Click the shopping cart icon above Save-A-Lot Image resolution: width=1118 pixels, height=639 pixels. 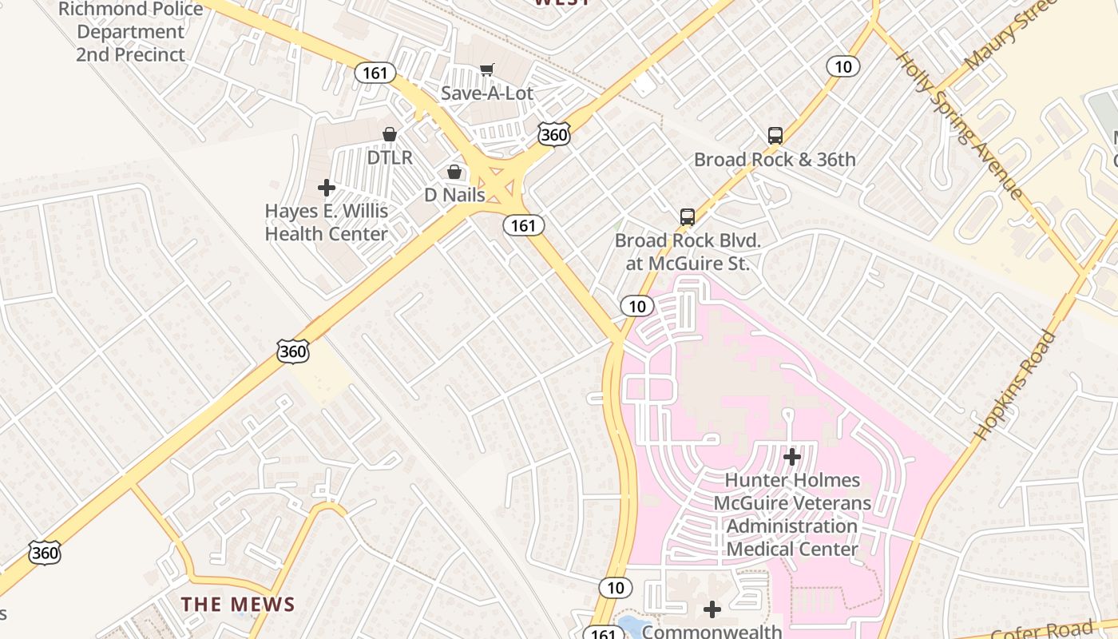click(486, 70)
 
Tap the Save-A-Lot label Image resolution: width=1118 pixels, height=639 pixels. click(486, 93)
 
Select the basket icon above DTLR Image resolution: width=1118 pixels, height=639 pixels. click(390, 134)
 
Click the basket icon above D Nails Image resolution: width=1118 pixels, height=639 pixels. click(454, 172)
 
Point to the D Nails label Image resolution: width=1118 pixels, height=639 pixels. click(454, 195)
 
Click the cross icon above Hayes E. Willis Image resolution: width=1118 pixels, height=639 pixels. click(326, 188)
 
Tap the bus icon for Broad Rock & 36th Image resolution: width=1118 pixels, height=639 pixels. click(775, 136)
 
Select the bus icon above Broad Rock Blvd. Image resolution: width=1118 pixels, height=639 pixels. click(687, 216)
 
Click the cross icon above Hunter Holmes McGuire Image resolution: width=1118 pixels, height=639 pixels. click(792, 457)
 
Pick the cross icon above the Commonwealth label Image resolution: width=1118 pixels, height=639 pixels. click(712, 609)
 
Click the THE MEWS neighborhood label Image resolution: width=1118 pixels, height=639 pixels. click(238, 605)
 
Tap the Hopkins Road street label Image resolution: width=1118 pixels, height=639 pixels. click(1015, 385)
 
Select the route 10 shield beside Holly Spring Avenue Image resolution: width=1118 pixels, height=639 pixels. click(843, 66)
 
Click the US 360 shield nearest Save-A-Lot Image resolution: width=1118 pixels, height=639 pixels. click(553, 134)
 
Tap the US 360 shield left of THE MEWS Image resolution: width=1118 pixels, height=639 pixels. click(45, 552)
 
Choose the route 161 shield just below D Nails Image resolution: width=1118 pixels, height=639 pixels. click(523, 226)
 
